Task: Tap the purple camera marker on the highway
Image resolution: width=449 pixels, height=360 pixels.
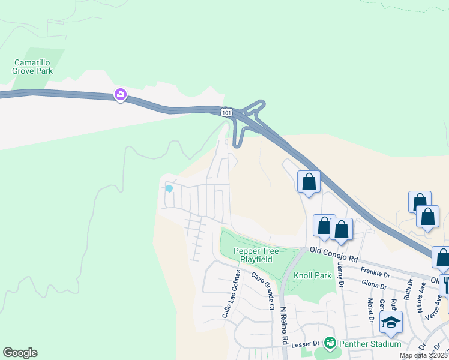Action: point(121,94)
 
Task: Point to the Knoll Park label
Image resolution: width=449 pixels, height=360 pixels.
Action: point(312,276)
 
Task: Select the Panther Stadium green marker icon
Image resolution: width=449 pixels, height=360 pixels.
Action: point(329,343)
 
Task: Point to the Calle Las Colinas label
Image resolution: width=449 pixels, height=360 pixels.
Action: point(232,293)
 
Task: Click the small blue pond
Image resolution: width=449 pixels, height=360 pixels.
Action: point(169,188)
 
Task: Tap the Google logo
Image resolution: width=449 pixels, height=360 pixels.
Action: point(20,353)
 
